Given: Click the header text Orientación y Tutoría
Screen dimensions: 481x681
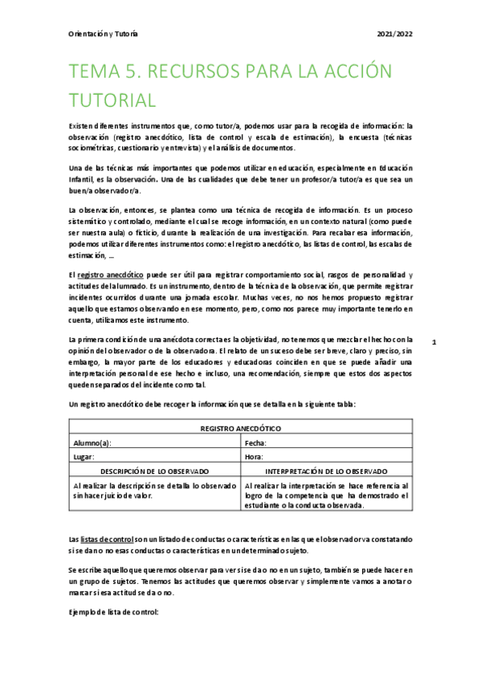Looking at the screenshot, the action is tap(104, 34).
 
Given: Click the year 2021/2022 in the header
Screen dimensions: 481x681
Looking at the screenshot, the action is tap(394, 34).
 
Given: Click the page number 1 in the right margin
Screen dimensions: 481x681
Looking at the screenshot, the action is tap(434, 342).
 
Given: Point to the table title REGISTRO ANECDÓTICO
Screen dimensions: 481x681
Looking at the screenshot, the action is tap(240, 429).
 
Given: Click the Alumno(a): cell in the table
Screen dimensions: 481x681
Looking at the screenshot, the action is tap(92, 442).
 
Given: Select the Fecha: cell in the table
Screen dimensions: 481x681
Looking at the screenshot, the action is tap(255, 442).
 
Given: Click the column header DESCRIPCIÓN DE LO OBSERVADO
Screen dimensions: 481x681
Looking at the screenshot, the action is tap(154, 471).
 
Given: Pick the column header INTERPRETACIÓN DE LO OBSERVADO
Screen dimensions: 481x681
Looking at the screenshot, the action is tap(326, 471).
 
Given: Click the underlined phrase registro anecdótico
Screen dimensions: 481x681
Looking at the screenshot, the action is tap(110, 275).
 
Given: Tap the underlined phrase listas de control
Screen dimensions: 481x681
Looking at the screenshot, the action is tap(107, 537).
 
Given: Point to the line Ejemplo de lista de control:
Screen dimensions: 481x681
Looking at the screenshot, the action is tap(114, 612).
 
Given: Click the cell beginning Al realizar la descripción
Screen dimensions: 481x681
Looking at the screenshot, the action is tap(154, 491).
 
